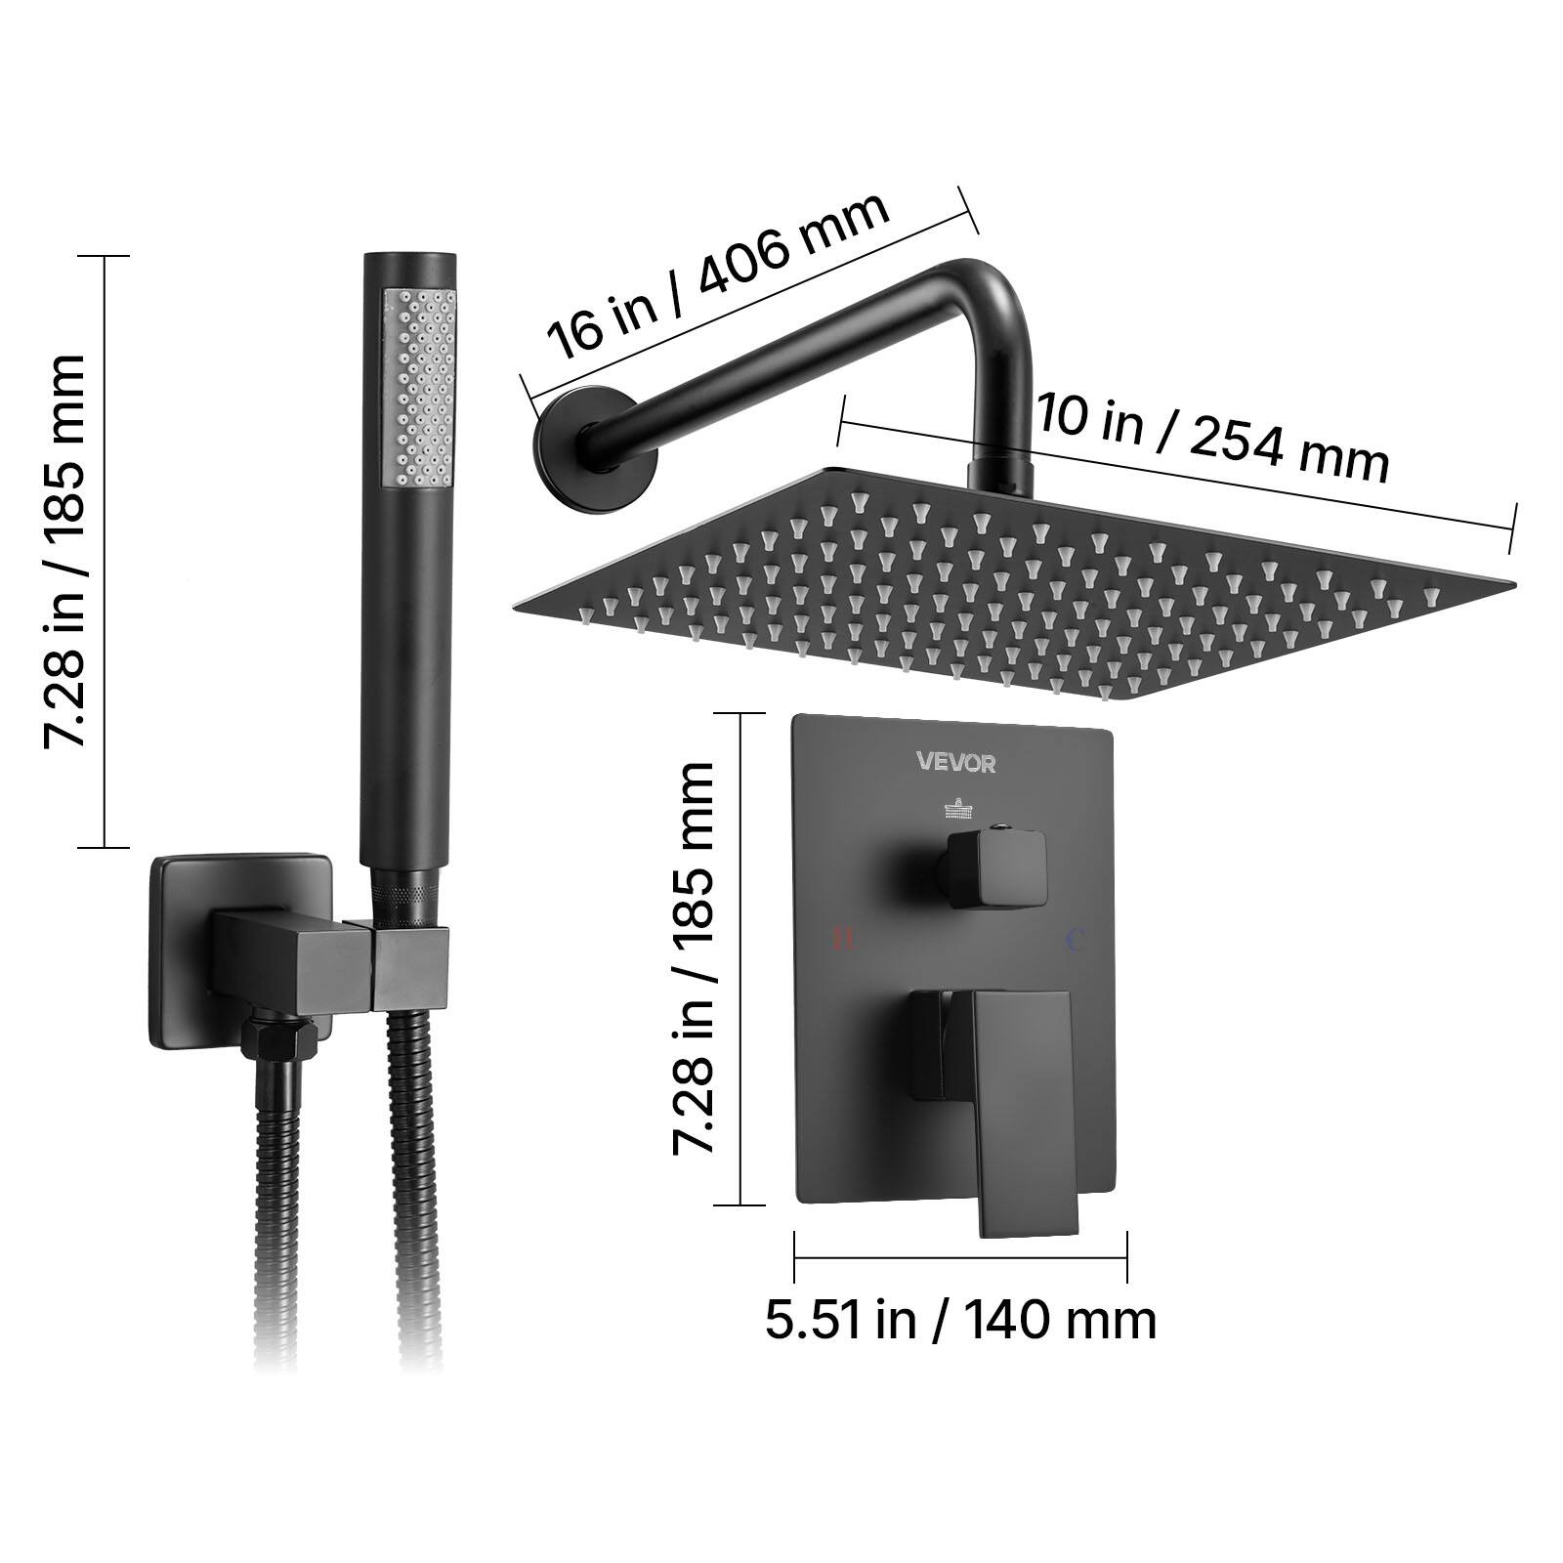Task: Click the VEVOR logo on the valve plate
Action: (955, 762)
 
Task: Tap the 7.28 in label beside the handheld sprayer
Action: (64, 552)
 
